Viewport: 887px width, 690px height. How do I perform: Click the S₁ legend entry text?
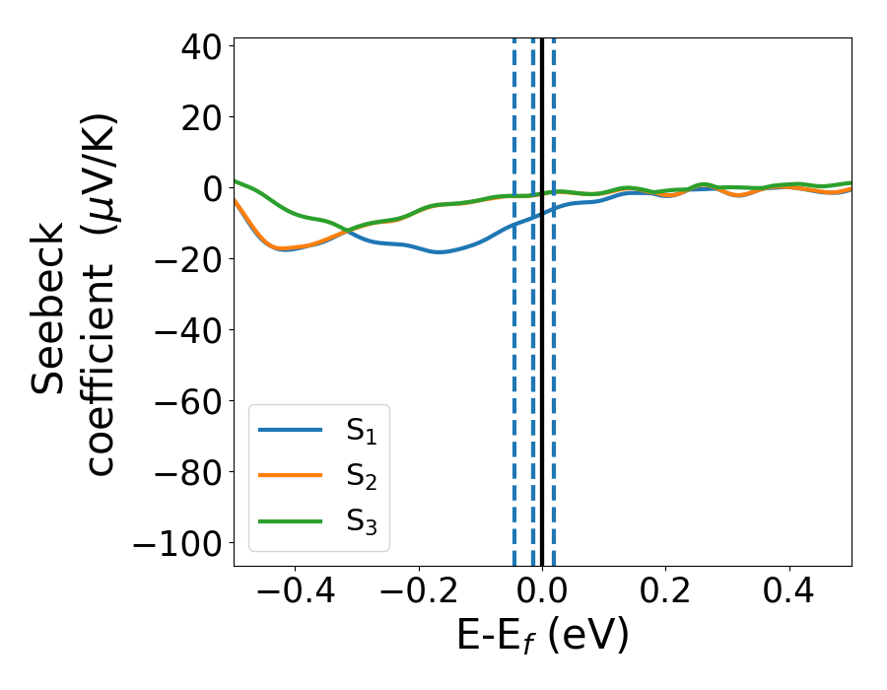point(361,431)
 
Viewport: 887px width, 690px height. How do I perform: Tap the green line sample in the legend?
point(290,520)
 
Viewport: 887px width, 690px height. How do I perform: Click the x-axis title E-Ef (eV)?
point(542,637)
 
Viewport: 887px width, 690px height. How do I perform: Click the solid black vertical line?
point(542,394)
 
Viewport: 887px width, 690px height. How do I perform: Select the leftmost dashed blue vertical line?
point(514,394)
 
